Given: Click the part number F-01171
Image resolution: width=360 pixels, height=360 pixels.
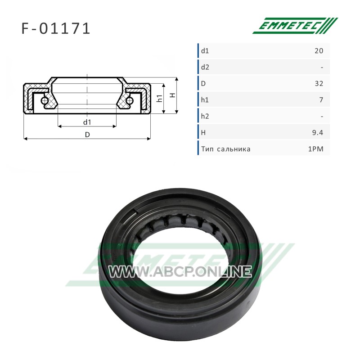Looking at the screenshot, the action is pyautogui.click(x=56, y=29).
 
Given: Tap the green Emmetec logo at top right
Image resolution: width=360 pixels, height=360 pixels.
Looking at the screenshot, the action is pyautogui.click(x=295, y=26).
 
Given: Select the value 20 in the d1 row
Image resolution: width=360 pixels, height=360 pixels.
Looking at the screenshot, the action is pyautogui.click(x=319, y=51).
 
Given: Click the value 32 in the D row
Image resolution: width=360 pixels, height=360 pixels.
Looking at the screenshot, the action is pyautogui.click(x=319, y=83).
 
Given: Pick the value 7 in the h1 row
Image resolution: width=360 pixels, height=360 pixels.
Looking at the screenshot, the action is pyautogui.click(x=321, y=100).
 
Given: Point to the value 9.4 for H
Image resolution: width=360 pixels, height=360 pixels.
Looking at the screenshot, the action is pyautogui.click(x=318, y=132).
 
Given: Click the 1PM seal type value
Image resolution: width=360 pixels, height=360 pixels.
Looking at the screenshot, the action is pyautogui.click(x=316, y=149).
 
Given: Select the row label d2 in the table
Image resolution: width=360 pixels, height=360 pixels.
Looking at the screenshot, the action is pyautogui.click(x=205, y=67).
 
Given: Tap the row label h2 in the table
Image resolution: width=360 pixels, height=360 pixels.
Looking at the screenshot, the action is pyautogui.click(x=205, y=116).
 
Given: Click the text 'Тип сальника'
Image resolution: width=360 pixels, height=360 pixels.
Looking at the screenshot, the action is pyautogui.click(x=226, y=149).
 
